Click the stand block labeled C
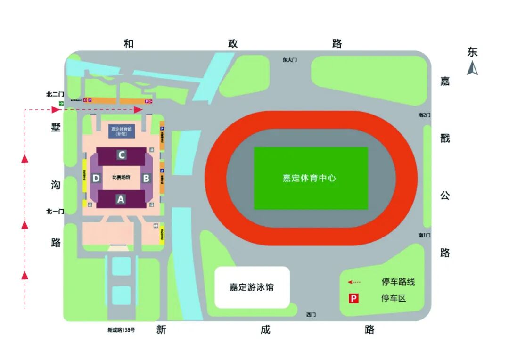point(122,155)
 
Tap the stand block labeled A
point(121,199)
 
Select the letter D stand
point(96,178)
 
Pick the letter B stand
point(146,178)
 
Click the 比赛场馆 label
point(121,178)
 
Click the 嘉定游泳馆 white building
point(252,287)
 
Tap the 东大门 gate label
point(290,60)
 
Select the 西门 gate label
point(311,314)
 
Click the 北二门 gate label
point(55,94)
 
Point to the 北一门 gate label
point(55,212)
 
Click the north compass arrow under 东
point(472,69)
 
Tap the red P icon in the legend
point(353,298)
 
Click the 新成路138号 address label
point(121,330)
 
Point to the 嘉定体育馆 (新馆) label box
point(122,131)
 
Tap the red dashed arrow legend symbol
point(354,282)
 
